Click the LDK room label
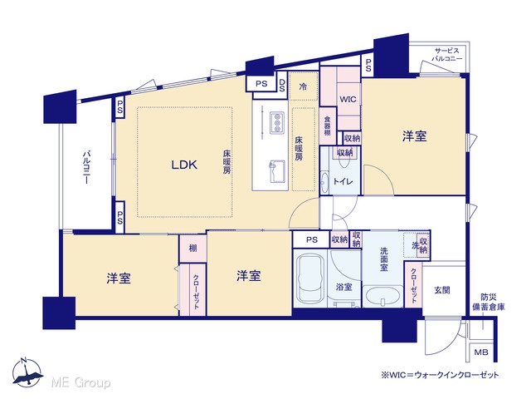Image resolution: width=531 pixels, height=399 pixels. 184,165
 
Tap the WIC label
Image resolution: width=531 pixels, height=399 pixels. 348,99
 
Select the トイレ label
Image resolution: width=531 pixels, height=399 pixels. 343,181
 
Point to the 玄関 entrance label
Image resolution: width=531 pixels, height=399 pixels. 442,290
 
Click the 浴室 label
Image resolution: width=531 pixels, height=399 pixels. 343,288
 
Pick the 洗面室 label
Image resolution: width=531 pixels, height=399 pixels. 383,259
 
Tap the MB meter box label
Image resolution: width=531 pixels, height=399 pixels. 481,352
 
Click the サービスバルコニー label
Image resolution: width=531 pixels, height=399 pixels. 446,55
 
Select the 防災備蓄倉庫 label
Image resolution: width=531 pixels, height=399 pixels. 489,303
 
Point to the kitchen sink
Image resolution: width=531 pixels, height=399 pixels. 277,171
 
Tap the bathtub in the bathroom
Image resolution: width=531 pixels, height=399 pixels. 309,278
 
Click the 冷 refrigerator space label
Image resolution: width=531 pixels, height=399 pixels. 303,86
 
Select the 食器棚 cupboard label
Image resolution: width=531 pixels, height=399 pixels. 327,126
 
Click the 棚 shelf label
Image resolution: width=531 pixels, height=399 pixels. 192,248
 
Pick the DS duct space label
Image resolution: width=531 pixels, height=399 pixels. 282,85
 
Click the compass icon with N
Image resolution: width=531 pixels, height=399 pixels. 27,372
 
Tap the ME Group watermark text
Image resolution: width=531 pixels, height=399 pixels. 80,382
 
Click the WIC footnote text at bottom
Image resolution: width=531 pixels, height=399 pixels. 440,375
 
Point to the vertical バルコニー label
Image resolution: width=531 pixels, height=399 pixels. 86,167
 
